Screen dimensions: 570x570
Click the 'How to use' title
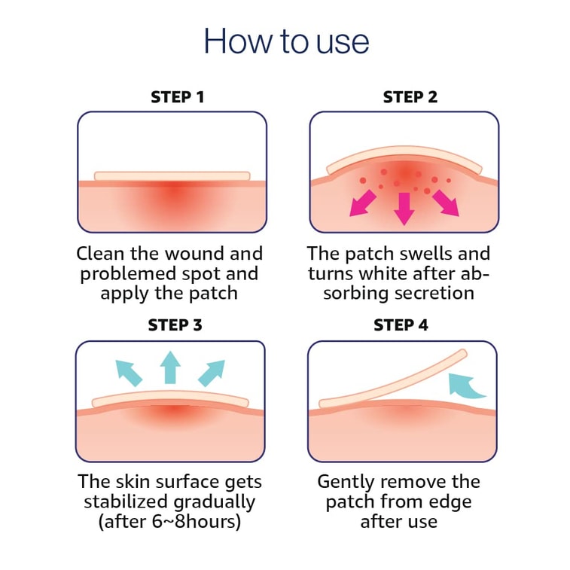pos(286,41)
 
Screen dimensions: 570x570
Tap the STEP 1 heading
pos(178,97)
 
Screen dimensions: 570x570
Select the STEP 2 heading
pos(410,97)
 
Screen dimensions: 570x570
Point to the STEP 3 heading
pos(175,325)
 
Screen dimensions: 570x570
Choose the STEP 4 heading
pos(401,325)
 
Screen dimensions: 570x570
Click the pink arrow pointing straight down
pos(404,209)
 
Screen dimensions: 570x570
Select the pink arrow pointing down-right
pos(446,203)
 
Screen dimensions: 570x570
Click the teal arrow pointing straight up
pos(170,367)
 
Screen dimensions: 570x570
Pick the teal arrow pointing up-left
pos(129,373)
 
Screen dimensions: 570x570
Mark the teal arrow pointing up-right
pos(212,373)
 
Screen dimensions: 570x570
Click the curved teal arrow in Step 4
pos(465,386)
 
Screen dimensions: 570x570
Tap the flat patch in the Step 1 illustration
pos(172,176)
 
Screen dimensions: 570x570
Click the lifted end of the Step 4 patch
pos(462,354)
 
